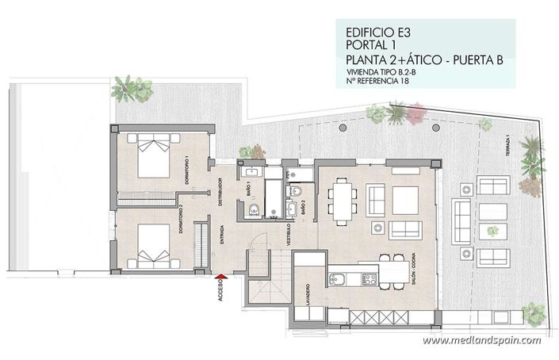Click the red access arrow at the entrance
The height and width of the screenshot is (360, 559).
(x=221, y=277)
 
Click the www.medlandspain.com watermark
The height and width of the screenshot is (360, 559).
(x=481, y=341)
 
